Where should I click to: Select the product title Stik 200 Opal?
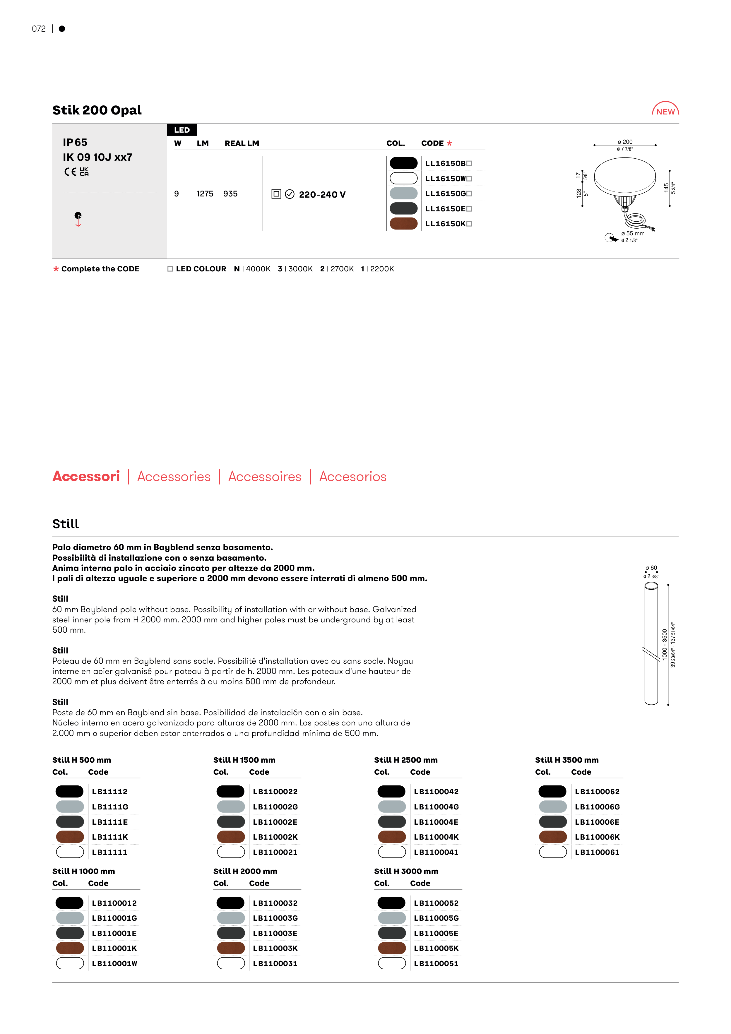(x=97, y=110)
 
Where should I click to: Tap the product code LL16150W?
(x=446, y=179)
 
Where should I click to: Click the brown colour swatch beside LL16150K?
(x=404, y=224)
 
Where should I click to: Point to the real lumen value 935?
(x=230, y=194)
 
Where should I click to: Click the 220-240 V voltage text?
(x=322, y=195)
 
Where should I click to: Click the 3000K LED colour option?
(x=295, y=269)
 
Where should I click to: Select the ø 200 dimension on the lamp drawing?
(x=625, y=142)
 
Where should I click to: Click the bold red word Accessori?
(x=86, y=477)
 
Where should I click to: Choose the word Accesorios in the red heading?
(x=353, y=477)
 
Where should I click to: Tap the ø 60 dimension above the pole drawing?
(x=651, y=568)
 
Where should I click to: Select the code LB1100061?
(x=597, y=852)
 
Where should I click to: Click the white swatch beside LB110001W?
(x=70, y=963)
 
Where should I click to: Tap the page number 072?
(x=39, y=29)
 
